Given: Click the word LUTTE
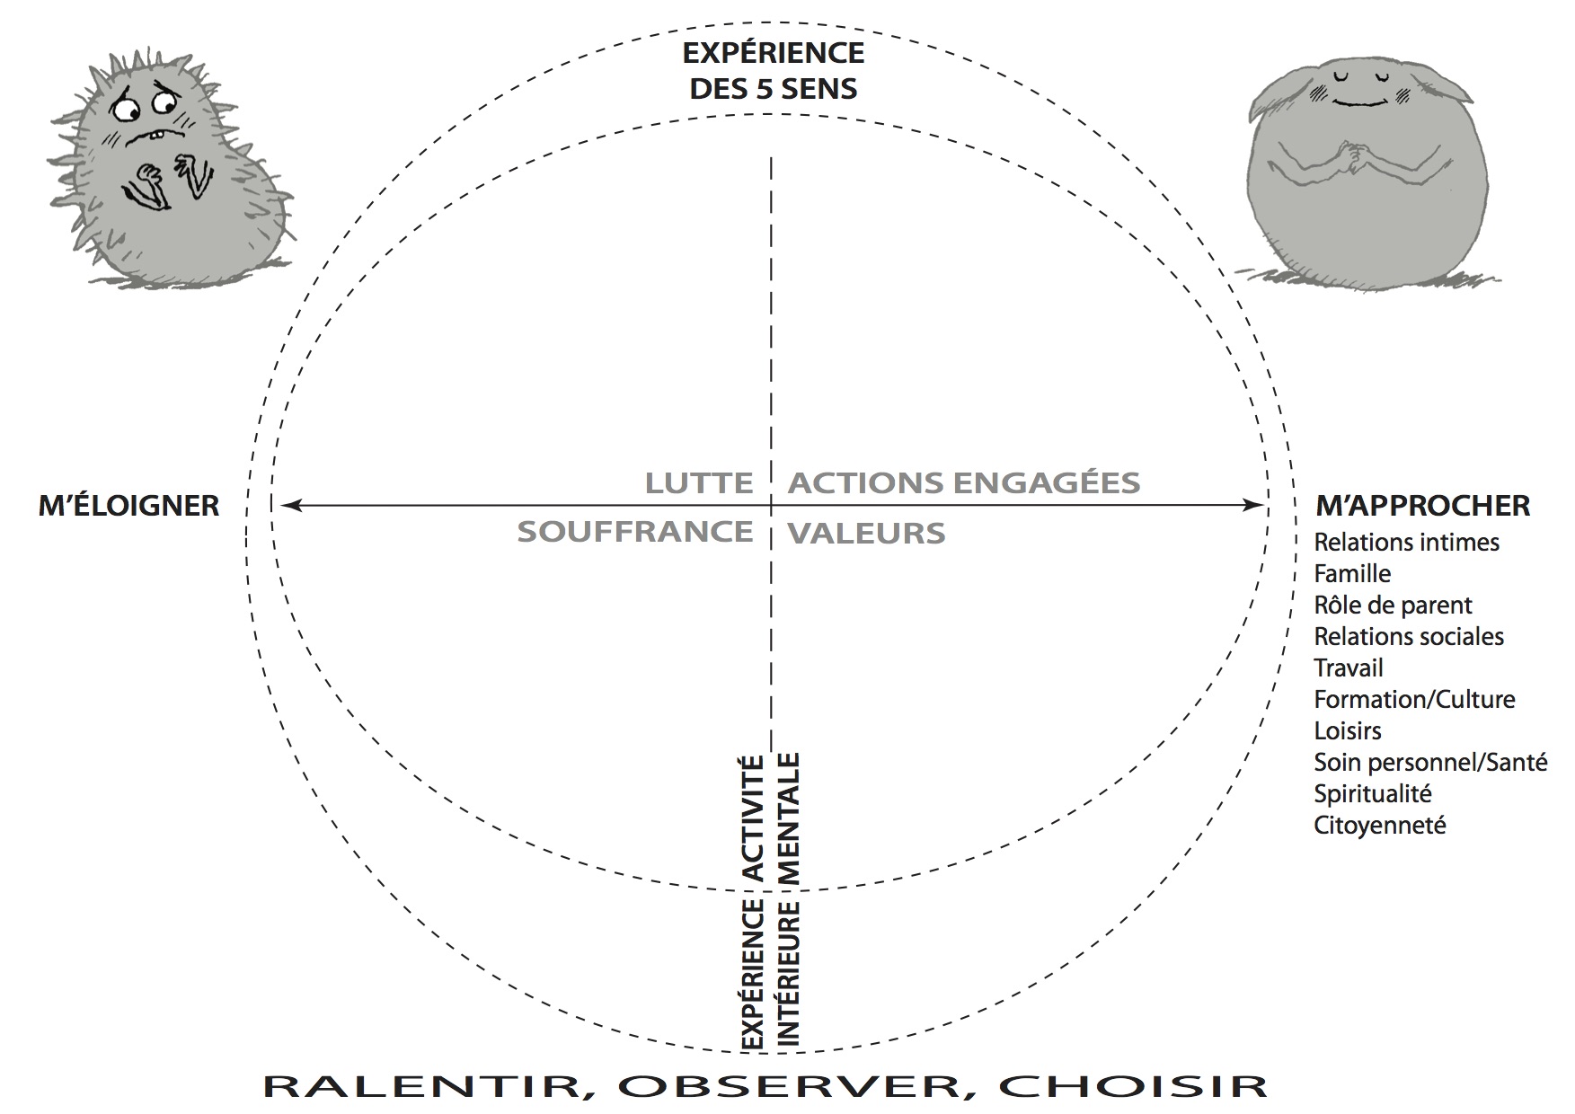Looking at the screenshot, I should [x=699, y=483].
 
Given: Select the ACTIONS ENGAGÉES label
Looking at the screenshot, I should [x=964, y=483].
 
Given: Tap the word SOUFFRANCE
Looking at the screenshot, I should [x=635, y=532].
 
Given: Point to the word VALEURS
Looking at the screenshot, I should [x=867, y=534].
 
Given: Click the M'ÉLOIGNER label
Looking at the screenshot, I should [x=128, y=506].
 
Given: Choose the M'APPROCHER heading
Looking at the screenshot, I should [x=1422, y=506].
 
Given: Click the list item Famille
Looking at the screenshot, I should [x=1352, y=574].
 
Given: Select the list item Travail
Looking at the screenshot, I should [x=1349, y=668].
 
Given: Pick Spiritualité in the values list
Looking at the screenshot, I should [x=1373, y=794].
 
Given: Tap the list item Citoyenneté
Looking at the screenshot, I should [x=1380, y=826].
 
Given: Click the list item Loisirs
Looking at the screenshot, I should [x=1348, y=731].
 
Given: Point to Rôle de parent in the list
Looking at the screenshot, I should [x=1394, y=606].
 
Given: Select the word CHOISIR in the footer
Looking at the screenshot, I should [x=1133, y=1086].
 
